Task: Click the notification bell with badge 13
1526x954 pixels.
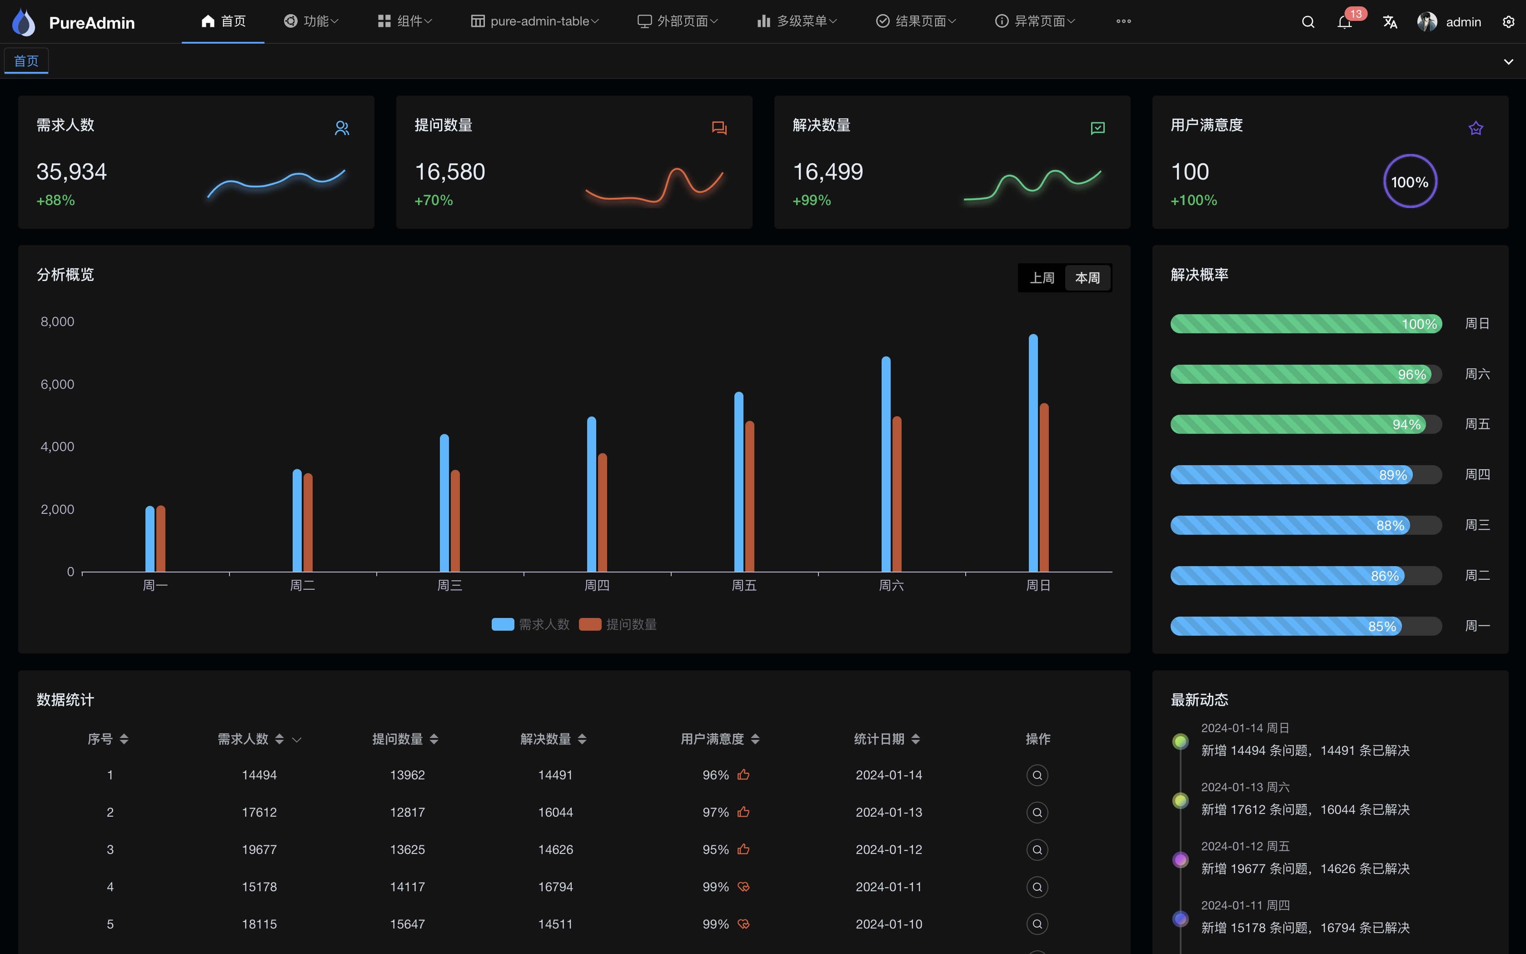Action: pos(1344,23)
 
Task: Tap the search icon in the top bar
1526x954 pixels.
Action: pos(1308,22)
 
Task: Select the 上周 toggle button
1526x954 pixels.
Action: pos(1042,278)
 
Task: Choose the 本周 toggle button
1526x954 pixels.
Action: pos(1087,278)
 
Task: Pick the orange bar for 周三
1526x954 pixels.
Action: pos(455,521)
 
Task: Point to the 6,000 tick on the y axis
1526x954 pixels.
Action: pos(57,384)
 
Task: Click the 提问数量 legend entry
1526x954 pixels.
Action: pos(618,624)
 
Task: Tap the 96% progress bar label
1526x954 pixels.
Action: pos(1411,374)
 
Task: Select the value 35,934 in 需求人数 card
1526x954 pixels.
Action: pos(71,171)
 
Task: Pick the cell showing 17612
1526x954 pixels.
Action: pos(259,812)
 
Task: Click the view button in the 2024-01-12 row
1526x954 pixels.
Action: pos(1037,849)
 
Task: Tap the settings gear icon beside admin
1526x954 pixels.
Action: pos(1508,22)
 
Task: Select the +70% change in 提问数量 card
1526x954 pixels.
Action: pos(433,200)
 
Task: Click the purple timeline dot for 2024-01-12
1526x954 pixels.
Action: pos(1181,859)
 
